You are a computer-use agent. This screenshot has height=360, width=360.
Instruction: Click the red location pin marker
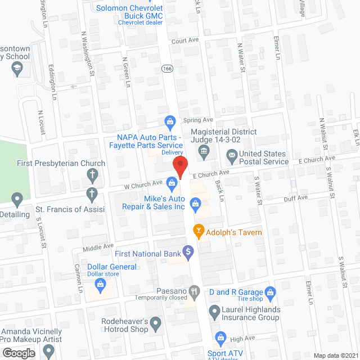pos(179,168)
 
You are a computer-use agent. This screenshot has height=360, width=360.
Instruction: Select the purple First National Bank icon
pos(188,251)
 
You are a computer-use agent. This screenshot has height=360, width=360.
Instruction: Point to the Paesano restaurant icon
pos(195,291)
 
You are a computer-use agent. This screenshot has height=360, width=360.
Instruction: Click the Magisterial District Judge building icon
pos(203,150)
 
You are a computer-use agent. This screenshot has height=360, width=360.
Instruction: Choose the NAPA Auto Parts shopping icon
pos(169,121)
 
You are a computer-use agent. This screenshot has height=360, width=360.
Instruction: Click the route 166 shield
pos(167,68)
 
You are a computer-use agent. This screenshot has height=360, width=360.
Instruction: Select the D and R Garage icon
pos(271,292)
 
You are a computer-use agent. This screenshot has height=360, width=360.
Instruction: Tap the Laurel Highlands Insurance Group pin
pos(214,310)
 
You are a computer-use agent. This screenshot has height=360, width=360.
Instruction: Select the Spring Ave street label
pos(198,120)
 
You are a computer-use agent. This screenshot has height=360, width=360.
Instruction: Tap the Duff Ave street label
pos(295,197)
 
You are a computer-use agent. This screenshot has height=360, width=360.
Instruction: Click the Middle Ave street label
pos(93,247)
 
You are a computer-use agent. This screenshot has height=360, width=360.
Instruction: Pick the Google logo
pos(19,353)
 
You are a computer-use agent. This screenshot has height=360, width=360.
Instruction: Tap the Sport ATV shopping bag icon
pos(220,337)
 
